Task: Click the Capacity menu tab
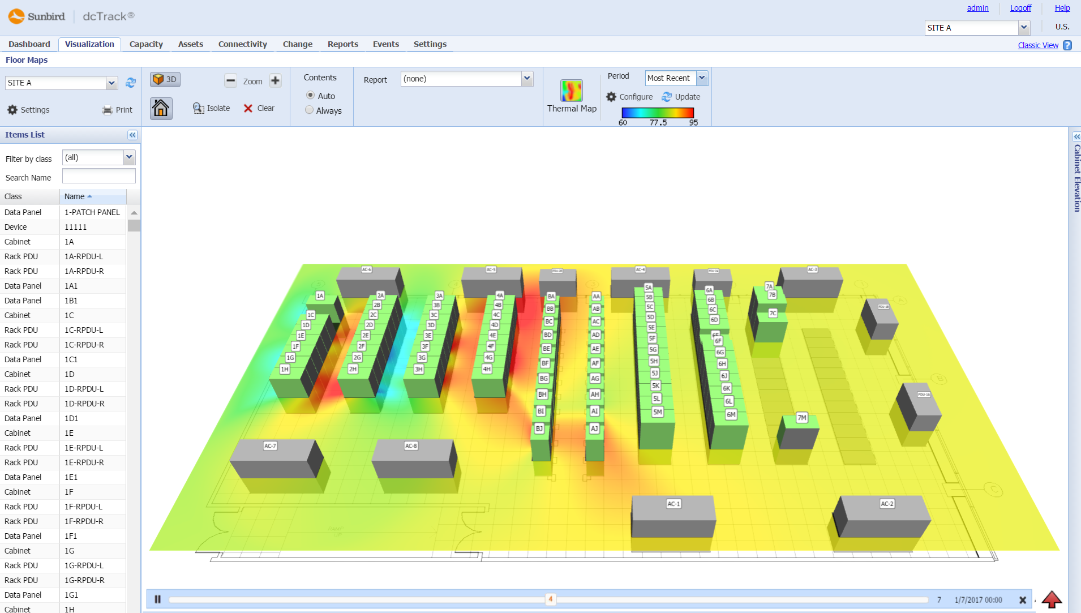(146, 44)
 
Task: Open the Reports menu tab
(342, 44)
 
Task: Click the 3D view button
(165, 80)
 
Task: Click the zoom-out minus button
(230, 81)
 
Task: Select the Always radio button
(310, 110)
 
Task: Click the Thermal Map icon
(571, 91)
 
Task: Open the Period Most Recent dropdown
(702, 78)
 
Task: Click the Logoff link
(1020, 8)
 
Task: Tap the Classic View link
(1037, 45)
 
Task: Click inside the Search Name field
(98, 177)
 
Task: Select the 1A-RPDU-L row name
(84, 256)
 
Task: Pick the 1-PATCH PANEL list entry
(92, 212)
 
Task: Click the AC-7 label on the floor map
(270, 446)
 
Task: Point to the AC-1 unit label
(674, 504)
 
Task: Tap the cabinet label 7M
(801, 418)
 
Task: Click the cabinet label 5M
(657, 412)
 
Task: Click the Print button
(117, 110)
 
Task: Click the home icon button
(161, 108)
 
